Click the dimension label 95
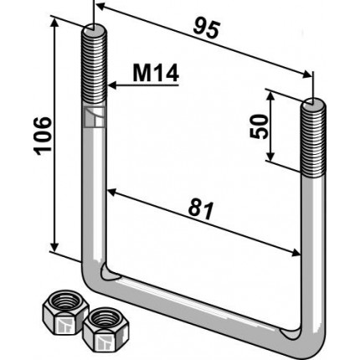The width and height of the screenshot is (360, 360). click(x=207, y=28)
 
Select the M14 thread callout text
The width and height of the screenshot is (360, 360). click(x=156, y=74)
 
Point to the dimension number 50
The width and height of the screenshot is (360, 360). click(x=259, y=126)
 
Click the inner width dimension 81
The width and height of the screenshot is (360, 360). click(x=201, y=209)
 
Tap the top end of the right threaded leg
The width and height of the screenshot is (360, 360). click(x=313, y=103)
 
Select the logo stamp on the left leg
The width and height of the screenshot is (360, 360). click(x=95, y=117)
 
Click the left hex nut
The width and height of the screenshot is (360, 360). click(x=65, y=311)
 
